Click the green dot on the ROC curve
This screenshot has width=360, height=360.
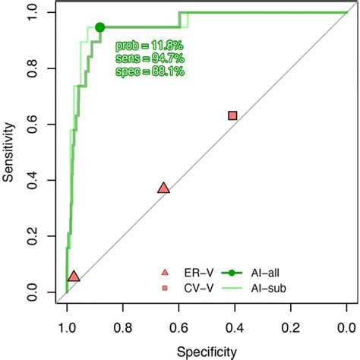click(x=100, y=27)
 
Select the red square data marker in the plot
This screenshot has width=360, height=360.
click(x=232, y=115)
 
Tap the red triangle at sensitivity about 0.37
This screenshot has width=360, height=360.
click(x=163, y=188)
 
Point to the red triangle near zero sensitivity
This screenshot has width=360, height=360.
click(x=74, y=276)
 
